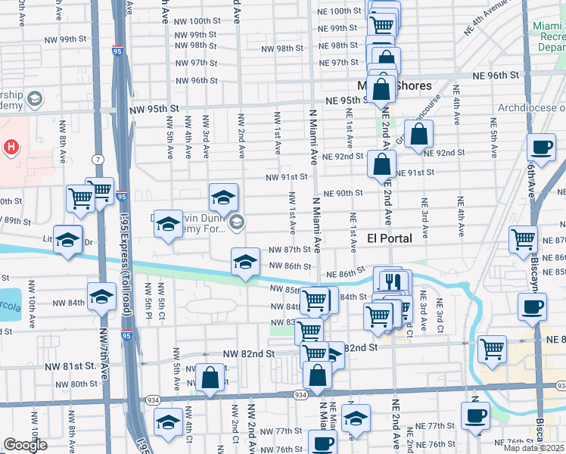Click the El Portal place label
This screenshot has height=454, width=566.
[x=389, y=238]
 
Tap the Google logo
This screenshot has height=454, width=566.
[x=25, y=445]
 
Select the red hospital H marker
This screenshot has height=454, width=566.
[x=11, y=147]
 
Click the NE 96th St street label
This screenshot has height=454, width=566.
[x=496, y=75]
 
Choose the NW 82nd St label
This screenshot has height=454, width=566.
[x=248, y=353]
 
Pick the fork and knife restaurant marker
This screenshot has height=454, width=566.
[x=391, y=281]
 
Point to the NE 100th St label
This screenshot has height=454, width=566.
[x=339, y=11]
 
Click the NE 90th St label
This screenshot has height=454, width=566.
[x=344, y=193]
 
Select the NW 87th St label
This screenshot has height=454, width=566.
[x=291, y=250]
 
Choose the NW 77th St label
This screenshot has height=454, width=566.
[x=289, y=431]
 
